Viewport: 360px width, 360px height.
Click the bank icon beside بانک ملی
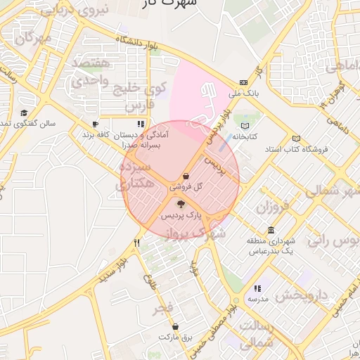[243, 82]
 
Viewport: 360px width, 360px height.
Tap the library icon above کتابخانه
[245, 125]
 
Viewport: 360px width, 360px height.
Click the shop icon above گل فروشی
[185, 175]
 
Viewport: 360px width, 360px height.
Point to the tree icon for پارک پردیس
[181, 204]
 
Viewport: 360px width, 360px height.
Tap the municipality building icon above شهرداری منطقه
[271, 231]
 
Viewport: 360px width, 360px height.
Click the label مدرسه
[257, 299]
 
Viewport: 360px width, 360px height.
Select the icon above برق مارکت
[175, 327]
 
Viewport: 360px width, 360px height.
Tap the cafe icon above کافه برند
[95, 124]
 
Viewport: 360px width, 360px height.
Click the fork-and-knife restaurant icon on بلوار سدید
[137, 243]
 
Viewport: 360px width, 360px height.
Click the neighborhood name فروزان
[273, 208]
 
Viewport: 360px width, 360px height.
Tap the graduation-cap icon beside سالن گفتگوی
[24, 113]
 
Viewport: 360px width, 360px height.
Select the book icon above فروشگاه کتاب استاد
[295, 139]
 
